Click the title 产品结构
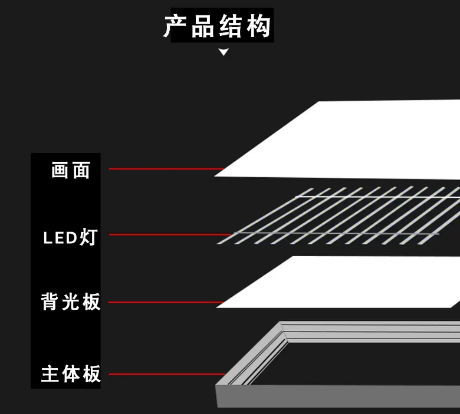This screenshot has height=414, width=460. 218,27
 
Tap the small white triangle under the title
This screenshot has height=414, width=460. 224,52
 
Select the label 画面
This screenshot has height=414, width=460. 71,171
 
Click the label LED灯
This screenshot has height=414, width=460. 70,238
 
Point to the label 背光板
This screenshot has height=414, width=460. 71,302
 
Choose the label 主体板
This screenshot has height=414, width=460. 71,374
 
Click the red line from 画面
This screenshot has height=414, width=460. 165,169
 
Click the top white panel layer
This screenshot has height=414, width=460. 354,138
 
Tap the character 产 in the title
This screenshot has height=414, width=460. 176,27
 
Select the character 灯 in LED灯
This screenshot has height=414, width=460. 88,238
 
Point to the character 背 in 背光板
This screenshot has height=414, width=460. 50,302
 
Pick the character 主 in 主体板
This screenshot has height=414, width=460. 50,374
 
